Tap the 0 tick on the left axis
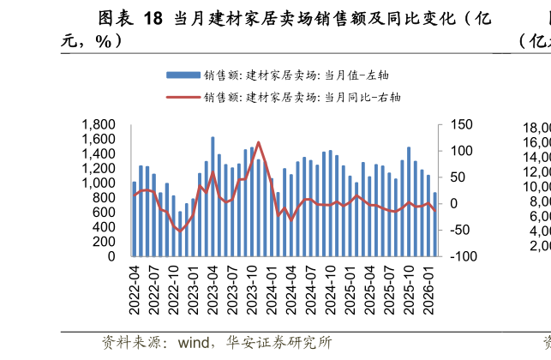[x=111, y=256]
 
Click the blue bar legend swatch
[x=182, y=75]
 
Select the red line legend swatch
[x=182, y=98]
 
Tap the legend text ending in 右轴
[x=302, y=98]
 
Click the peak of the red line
[x=259, y=142]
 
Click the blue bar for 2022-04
[x=135, y=219]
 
